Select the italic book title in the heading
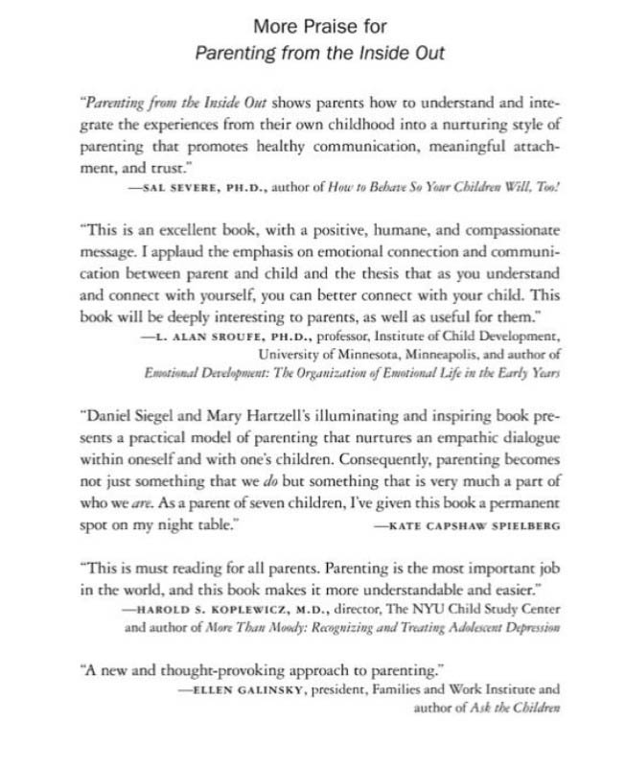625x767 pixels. click(x=319, y=53)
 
